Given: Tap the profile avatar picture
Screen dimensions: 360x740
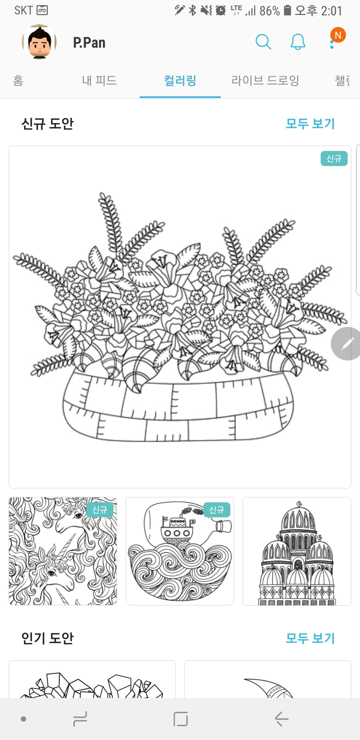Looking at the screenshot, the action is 39,42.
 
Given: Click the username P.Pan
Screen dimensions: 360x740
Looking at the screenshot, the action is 89,43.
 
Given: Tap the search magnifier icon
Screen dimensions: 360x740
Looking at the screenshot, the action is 263,42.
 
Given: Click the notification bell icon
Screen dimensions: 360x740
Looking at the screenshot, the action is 298,42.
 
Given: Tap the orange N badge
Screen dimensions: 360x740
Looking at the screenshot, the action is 338,35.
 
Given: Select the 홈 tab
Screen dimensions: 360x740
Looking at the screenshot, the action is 18,81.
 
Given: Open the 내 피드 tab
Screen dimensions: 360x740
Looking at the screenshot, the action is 99,81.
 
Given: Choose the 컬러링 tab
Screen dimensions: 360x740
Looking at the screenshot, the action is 180,81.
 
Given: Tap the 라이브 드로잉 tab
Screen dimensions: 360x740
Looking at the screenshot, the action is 265,81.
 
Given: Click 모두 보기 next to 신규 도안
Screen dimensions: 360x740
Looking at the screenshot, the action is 310,124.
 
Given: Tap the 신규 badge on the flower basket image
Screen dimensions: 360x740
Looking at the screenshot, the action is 334,158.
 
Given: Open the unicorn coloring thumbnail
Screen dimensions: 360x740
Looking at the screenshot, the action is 63,551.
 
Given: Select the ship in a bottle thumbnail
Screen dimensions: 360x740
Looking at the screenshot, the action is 180,551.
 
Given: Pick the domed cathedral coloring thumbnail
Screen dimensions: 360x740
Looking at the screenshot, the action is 297,551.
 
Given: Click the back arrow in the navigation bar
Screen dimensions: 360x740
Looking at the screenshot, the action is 282,719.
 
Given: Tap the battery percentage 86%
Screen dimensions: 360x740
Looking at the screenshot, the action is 269,11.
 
